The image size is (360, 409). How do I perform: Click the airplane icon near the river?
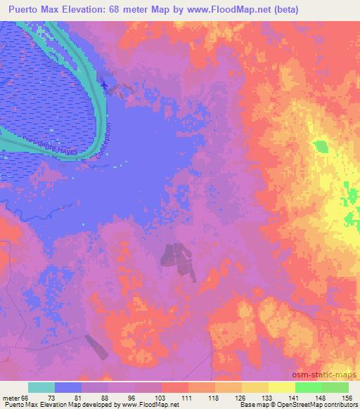(x=104, y=85)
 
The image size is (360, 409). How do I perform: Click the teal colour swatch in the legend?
(x=41, y=387)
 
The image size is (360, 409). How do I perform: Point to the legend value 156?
(x=346, y=398)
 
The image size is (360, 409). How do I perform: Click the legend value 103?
(x=160, y=398)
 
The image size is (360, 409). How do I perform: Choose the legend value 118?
(x=214, y=398)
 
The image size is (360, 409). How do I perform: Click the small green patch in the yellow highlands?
(x=321, y=146)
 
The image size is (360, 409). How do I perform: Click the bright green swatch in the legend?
(x=308, y=387)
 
